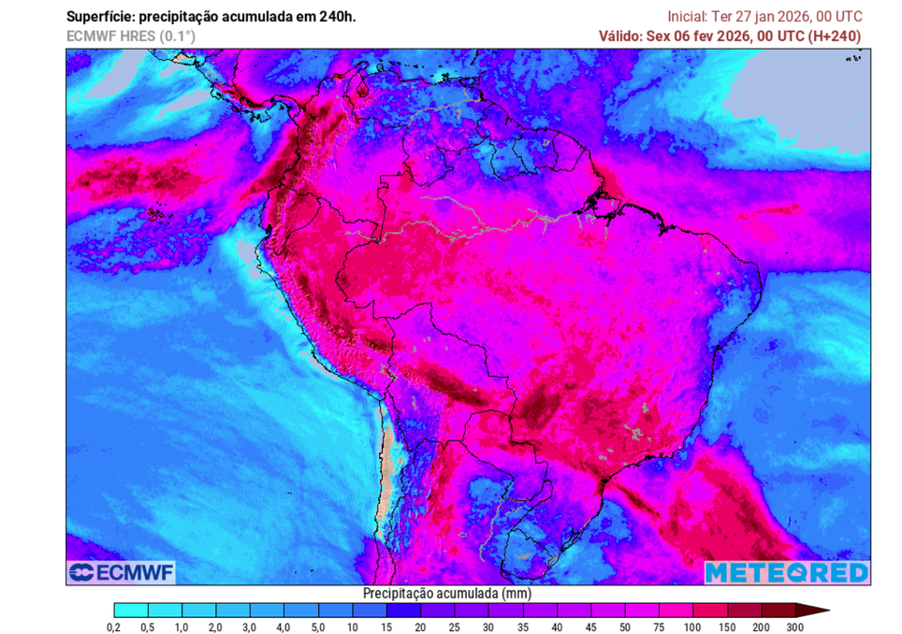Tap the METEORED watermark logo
coord(786,572)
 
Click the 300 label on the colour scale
coord(794,627)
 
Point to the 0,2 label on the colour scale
coord(113,627)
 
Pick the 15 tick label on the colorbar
coord(386,627)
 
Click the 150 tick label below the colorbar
coord(726,627)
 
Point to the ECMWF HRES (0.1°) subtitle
coord(130,36)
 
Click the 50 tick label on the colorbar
coord(624,627)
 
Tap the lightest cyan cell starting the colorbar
coord(130,610)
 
